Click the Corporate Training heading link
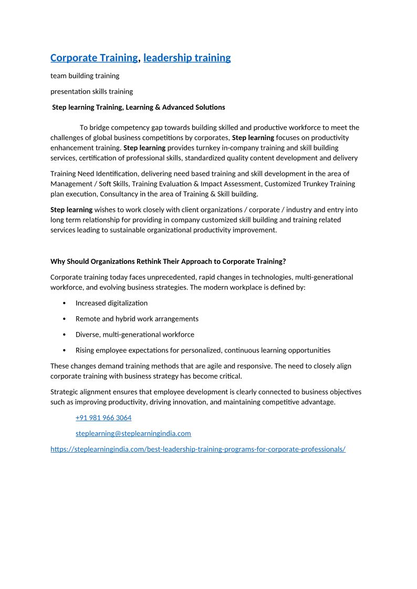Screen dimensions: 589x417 (x=94, y=58)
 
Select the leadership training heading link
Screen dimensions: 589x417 (x=186, y=58)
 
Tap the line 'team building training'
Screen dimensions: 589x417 (x=85, y=76)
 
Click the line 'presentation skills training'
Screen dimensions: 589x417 (x=91, y=91)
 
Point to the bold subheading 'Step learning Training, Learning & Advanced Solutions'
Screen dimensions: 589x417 (x=139, y=107)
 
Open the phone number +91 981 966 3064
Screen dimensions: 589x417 (x=103, y=417)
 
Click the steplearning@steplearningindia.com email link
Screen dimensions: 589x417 (x=133, y=433)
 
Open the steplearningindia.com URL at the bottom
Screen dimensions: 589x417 (x=197, y=449)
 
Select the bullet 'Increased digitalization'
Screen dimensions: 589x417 (x=111, y=303)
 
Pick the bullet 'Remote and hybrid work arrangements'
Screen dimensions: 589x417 (x=137, y=318)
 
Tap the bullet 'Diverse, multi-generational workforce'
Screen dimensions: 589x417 (x=134, y=334)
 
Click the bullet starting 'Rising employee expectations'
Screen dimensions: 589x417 (x=203, y=350)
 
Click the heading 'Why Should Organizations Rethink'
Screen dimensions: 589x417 (x=168, y=261)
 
